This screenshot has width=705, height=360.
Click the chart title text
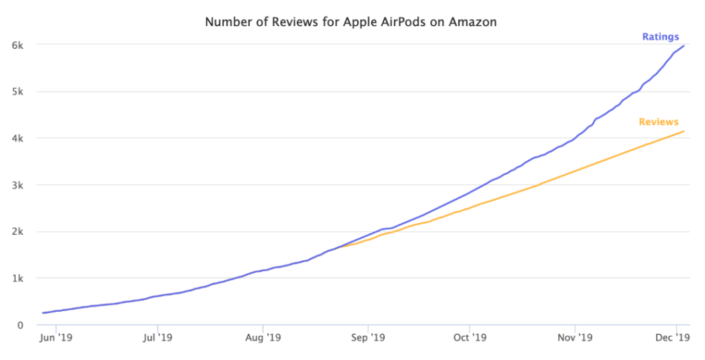(x=351, y=22)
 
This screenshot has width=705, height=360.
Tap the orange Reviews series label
(x=658, y=122)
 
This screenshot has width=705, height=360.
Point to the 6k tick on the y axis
(x=19, y=45)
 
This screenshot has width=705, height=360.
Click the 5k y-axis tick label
(x=19, y=92)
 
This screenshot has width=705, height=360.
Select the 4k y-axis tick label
(x=19, y=138)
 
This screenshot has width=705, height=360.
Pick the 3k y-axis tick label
(x=19, y=185)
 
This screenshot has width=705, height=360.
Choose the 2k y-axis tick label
(x=19, y=232)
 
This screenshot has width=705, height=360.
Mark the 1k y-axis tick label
(x=19, y=279)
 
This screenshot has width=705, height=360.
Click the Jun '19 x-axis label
(x=56, y=338)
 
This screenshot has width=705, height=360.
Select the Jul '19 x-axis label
(x=158, y=338)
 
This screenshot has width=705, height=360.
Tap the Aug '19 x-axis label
(x=263, y=338)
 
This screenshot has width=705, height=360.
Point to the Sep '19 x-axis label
(x=368, y=338)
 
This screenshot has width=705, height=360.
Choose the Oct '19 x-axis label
(x=470, y=338)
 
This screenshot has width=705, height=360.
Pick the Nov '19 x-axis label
(x=576, y=338)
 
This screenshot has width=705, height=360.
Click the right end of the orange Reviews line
(x=684, y=131)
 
